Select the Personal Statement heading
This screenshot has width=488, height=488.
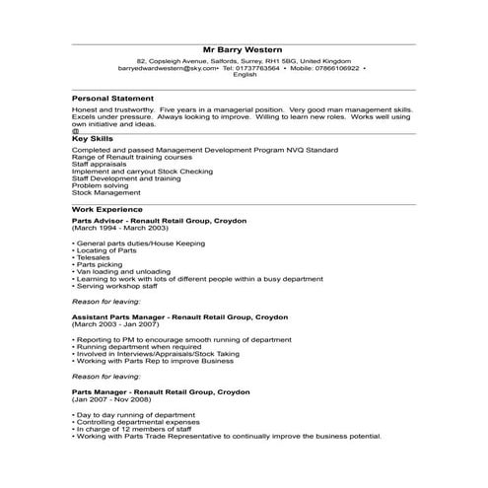click(112, 99)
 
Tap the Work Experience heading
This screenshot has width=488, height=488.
click(107, 209)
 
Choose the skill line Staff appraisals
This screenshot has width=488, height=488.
click(102, 165)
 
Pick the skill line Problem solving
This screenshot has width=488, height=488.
click(101, 184)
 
